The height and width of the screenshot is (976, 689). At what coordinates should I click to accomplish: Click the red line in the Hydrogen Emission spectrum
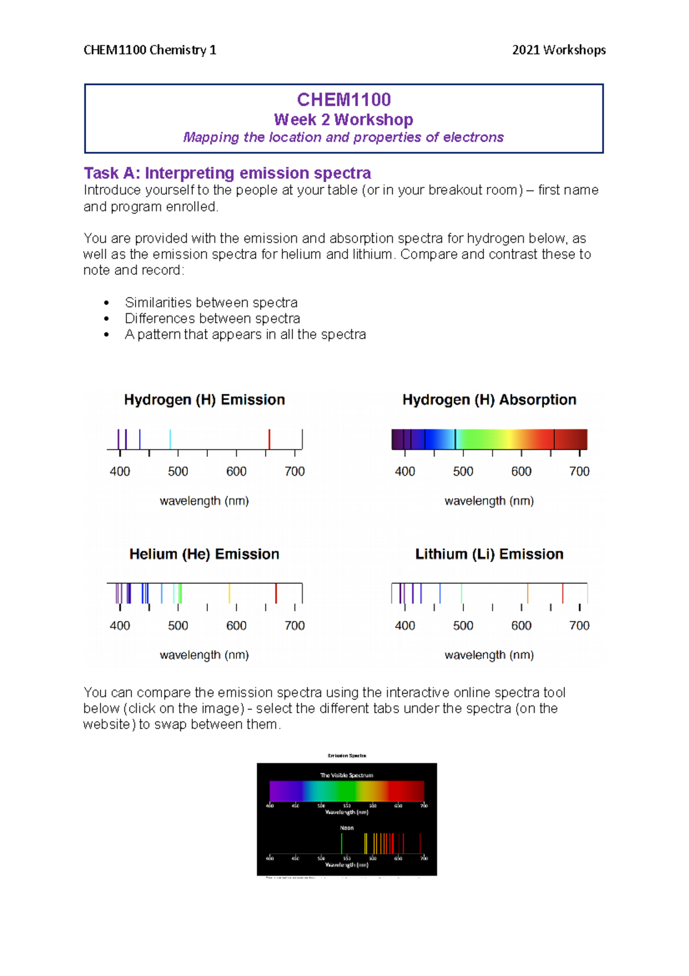[269, 439]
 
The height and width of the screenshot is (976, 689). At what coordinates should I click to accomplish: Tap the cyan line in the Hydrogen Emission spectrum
[170, 439]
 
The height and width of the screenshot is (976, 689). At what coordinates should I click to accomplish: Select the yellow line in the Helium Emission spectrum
[229, 593]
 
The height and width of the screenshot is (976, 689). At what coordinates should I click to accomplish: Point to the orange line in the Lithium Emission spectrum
[528, 593]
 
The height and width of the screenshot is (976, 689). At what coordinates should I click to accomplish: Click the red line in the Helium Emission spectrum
[276, 593]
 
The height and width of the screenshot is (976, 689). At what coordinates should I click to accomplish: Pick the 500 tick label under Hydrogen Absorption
[463, 472]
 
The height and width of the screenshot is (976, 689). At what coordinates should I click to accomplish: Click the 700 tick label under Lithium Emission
[579, 626]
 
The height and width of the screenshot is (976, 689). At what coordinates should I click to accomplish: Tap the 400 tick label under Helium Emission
[119, 626]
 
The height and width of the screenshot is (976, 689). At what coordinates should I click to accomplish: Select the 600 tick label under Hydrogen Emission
[236, 472]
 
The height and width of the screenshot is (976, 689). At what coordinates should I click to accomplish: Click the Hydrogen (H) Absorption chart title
[489, 400]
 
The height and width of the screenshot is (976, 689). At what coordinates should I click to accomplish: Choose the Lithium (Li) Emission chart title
[489, 554]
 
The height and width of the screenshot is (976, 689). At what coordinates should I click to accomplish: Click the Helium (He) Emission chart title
[204, 554]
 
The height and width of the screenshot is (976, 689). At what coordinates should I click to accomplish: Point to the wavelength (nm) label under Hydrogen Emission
[204, 501]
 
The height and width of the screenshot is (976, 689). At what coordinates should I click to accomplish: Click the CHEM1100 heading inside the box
[344, 100]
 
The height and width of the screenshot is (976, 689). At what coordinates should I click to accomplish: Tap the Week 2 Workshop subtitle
[344, 120]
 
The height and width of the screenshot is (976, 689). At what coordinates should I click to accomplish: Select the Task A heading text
[227, 173]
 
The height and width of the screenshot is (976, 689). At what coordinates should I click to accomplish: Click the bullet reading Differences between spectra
[212, 318]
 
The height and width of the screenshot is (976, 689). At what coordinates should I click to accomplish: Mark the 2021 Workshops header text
[559, 50]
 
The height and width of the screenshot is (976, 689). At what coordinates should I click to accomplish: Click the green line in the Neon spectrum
[342, 843]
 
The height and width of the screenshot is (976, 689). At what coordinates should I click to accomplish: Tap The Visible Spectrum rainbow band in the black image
[347, 790]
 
